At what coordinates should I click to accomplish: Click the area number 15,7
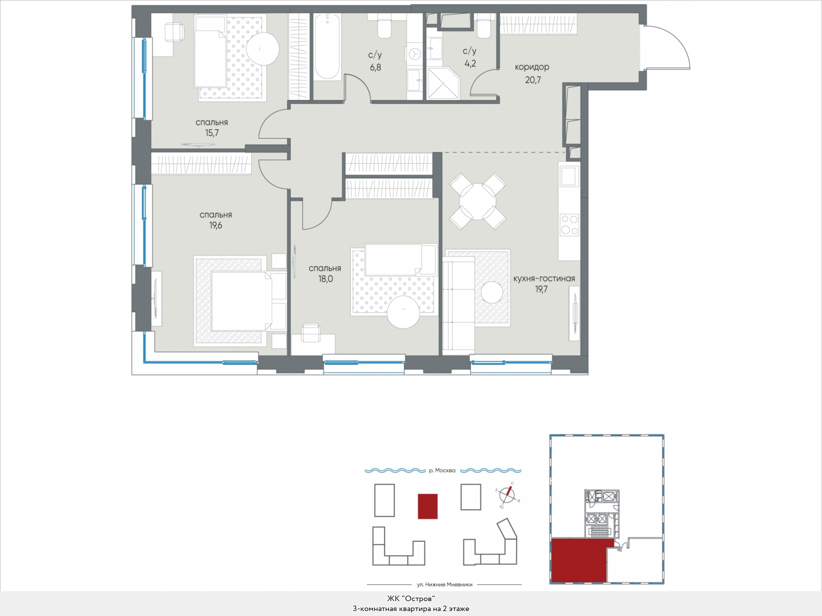212,133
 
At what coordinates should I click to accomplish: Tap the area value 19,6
216,226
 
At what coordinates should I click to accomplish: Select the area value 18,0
325,279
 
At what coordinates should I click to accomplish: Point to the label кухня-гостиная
544,278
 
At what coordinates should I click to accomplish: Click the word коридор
532,67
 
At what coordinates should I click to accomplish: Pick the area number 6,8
375,68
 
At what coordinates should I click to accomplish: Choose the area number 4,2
470,64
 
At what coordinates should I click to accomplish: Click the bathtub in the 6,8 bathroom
327,46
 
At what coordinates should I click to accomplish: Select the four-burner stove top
569,224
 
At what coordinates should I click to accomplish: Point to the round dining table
478,201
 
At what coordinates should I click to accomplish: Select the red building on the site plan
427,506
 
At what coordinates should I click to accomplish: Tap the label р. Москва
442,470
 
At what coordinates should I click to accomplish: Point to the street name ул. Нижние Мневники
444,584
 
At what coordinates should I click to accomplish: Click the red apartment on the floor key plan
579,561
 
